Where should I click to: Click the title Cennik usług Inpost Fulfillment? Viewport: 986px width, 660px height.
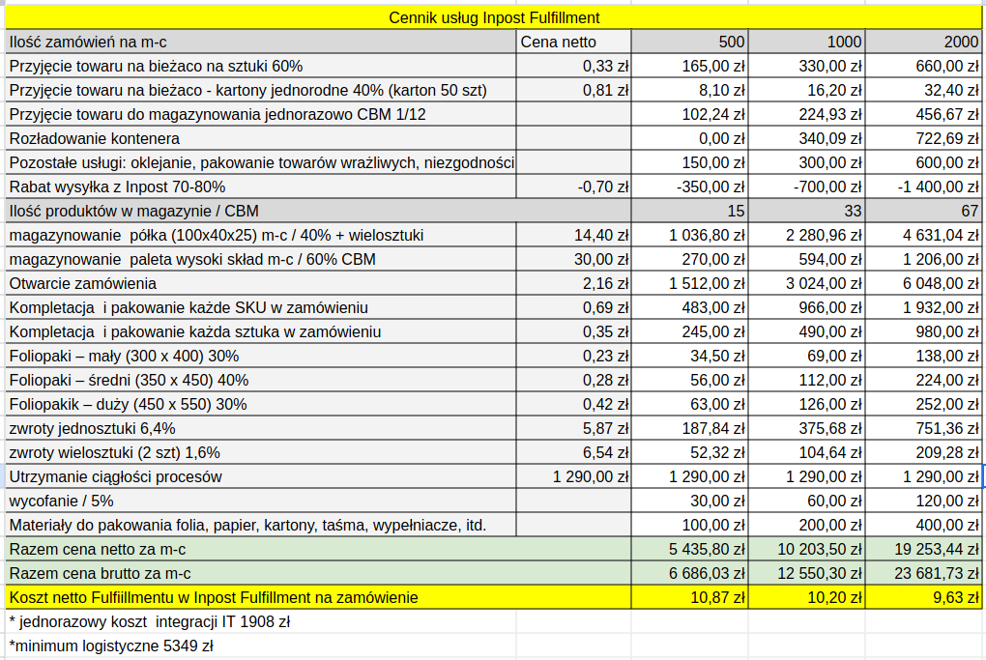point(494,17)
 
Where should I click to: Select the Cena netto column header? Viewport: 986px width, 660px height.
point(558,43)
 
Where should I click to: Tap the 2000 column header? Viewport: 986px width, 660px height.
point(961,43)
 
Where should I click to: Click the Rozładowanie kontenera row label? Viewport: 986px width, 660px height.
point(95,138)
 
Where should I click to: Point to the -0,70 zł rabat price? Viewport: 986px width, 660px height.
point(603,187)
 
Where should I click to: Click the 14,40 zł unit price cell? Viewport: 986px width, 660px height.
point(601,235)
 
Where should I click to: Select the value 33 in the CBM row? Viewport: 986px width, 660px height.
point(853,212)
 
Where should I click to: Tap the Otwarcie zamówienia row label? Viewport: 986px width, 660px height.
point(82,283)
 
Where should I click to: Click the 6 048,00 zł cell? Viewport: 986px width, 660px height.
point(941,283)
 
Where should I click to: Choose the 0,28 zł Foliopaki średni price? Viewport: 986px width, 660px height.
point(605,381)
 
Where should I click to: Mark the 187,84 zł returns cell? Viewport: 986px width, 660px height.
point(713,429)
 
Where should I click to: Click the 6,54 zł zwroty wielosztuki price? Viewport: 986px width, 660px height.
point(605,452)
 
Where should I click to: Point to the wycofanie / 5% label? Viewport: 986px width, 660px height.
point(61,501)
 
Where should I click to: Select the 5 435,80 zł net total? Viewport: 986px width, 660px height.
point(707,550)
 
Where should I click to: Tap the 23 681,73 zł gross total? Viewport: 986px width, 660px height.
point(937,573)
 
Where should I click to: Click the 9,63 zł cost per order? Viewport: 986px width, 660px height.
point(956,598)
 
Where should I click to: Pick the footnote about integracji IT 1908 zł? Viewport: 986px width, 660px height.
point(150,621)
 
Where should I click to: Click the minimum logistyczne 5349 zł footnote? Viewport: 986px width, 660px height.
point(111,646)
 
